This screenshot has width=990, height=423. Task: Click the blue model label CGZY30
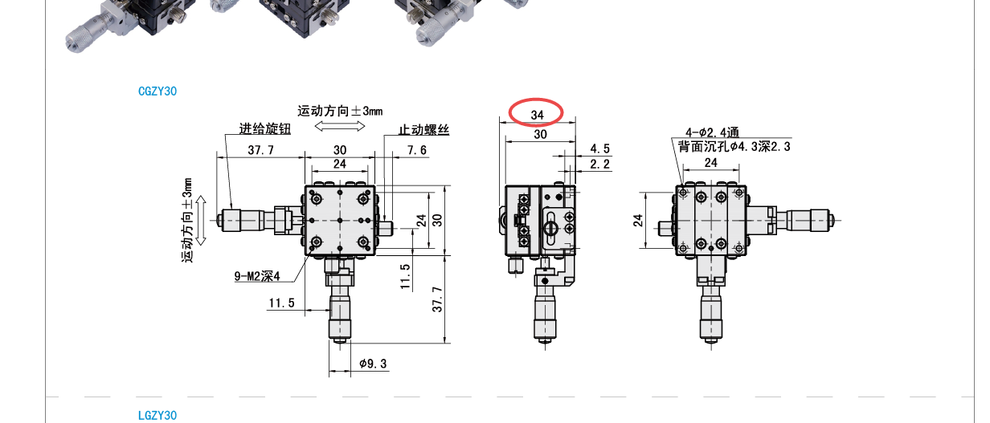pos(157,92)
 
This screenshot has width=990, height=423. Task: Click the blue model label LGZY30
pos(157,416)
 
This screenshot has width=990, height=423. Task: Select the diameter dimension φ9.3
pos(373,364)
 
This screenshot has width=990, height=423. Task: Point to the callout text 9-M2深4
pos(257,276)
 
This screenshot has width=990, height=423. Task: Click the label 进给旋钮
pos(264,129)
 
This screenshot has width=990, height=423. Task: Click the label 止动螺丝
pos(423,130)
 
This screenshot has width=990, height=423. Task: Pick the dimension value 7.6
pos(417,151)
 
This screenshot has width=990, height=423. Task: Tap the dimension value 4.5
pos(600,148)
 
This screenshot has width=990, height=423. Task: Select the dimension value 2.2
pos(600,165)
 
